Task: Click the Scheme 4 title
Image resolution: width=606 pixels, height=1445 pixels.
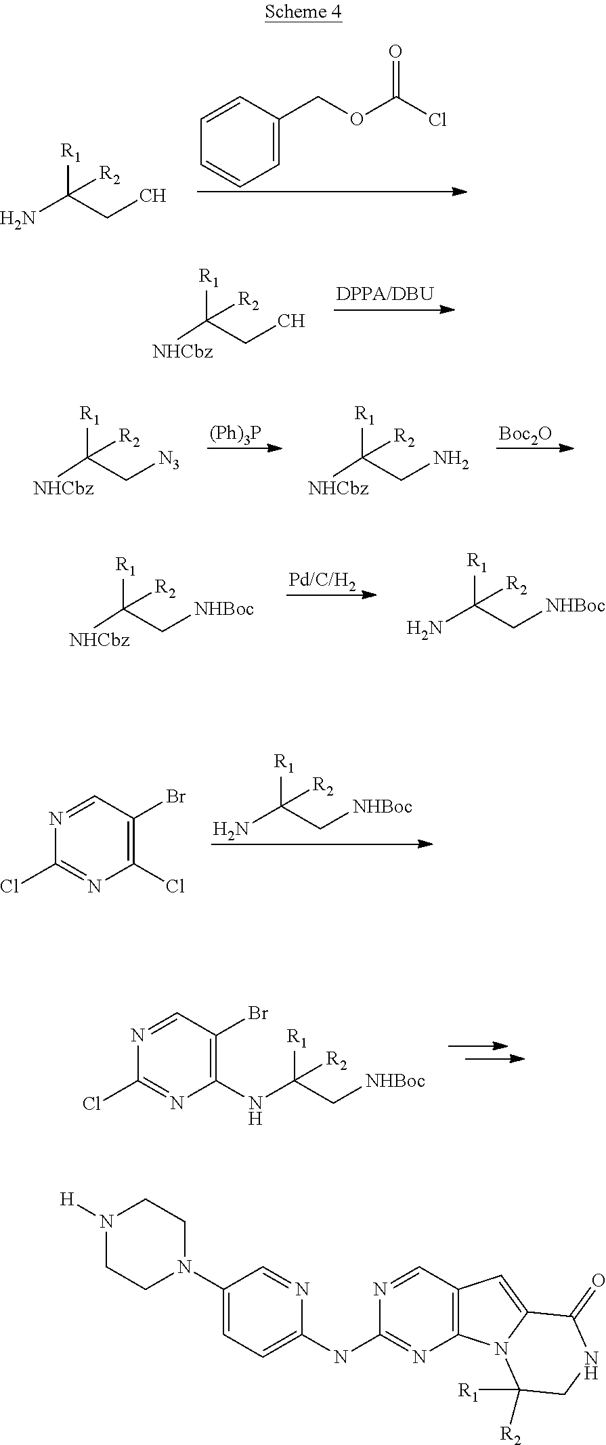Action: pyautogui.click(x=303, y=12)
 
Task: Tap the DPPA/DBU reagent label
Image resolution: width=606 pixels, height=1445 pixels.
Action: pyautogui.click(x=385, y=295)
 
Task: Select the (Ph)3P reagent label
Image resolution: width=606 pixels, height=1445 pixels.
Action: pyautogui.click(x=235, y=435)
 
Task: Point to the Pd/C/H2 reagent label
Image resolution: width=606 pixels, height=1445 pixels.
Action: pyautogui.click(x=322, y=582)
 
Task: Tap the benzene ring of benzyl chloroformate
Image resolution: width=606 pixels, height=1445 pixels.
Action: pyautogui.click(x=240, y=141)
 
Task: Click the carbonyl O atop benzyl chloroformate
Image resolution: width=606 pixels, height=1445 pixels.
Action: pyautogui.click(x=395, y=51)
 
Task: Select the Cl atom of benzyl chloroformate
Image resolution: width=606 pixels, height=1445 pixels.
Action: pyautogui.click(x=437, y=121)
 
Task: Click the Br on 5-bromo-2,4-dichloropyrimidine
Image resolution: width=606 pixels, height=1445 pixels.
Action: pyautogui.click(x=175, y=797)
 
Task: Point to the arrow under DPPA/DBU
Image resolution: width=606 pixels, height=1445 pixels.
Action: pyautogui.click(x=394, y=309)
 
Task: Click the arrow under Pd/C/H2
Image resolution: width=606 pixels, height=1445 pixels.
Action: pyautogui.click(x=332, y=595)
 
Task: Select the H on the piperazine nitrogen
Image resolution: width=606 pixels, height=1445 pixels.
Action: pyautogui.click(x=66, y=1199)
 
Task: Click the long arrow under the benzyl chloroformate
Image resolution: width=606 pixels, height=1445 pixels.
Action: pyautogui.click(x=332, y=192)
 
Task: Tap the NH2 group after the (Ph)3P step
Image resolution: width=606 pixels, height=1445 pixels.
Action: pyautogui.click(x=451, y=460)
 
